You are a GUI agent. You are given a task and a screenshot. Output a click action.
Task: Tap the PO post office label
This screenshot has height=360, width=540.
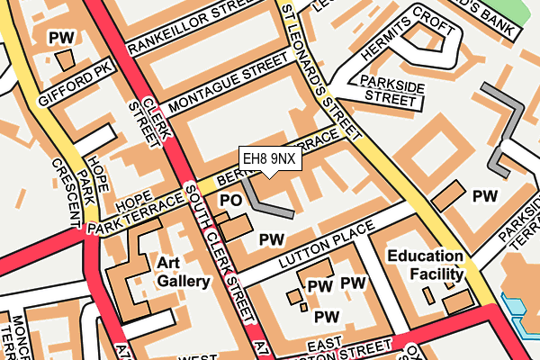coord(231,200)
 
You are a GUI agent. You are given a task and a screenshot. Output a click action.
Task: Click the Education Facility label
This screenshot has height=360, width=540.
coord(426,265)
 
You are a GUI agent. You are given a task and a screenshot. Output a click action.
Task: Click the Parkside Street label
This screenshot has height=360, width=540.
coord(390,90)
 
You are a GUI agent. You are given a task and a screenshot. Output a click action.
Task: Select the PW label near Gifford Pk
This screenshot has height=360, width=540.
coord(61,38)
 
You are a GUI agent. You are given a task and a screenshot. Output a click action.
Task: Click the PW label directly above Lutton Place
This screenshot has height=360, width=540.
coord(271,239)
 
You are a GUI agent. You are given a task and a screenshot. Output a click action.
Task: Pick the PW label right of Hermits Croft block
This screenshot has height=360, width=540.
coord(485,195)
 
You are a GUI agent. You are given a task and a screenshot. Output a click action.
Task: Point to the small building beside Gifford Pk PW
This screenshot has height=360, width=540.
coord(64,59)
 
